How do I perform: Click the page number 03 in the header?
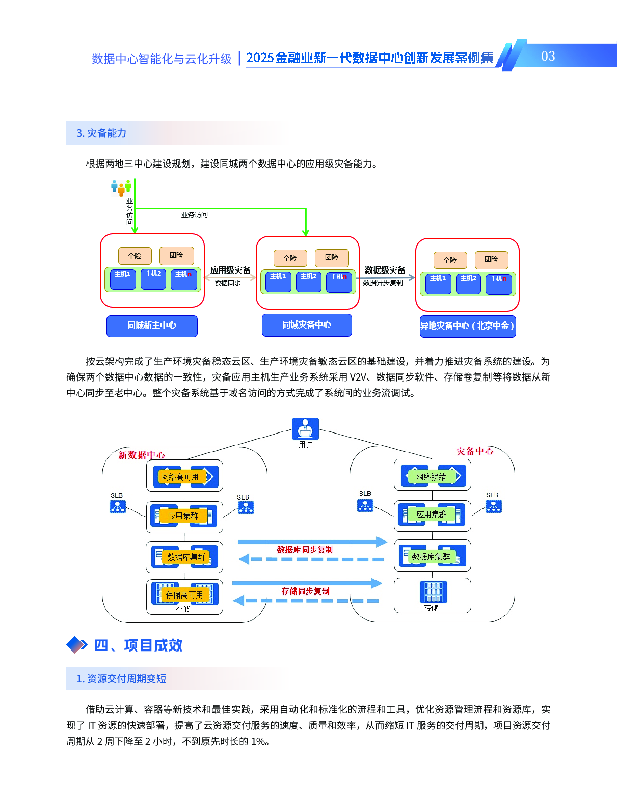tap(548, 56)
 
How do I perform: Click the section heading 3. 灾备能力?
tap(101, 133)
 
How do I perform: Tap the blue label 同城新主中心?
tap(152, 326)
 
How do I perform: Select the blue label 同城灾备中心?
tap(307, 325)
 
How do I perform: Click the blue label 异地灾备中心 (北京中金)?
tap(467, 326)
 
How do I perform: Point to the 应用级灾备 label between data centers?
tap(230, 270)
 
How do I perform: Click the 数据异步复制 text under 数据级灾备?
tap(383, 283)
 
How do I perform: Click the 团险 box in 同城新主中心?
tap(176, 255)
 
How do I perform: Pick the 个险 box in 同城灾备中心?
tap(290, 258)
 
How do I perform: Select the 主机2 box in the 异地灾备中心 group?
tap(468, 283)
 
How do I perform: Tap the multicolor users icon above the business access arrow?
tap(121, 187)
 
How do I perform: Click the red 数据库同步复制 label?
tap(305, 550)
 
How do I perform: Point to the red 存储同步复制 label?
tap(306, 591)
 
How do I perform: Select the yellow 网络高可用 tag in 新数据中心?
tap(180, 477)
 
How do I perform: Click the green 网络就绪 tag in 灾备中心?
tap(431, 477)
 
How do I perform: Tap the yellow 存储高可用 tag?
tap(184, 594)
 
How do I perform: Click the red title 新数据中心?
tap(142, 455)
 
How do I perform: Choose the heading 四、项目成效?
tap(138, 645)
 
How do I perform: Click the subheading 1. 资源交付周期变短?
tap(121, 679)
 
